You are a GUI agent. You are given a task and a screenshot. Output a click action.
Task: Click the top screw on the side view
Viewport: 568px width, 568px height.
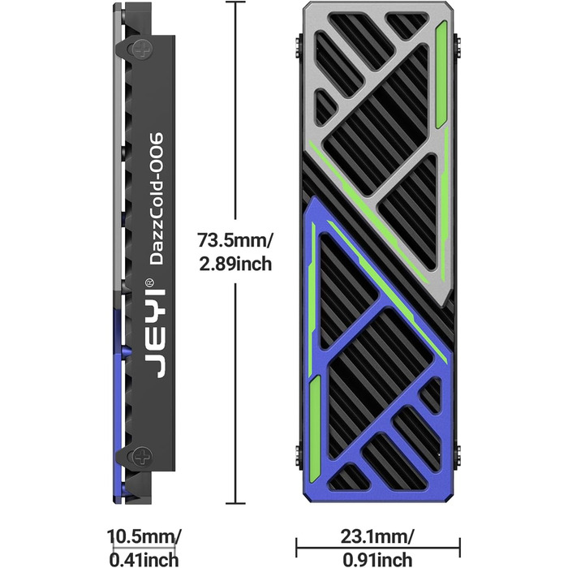coord(141,49)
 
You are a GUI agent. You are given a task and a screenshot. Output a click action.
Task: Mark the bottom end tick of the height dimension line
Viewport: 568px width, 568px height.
coord(235,503)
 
